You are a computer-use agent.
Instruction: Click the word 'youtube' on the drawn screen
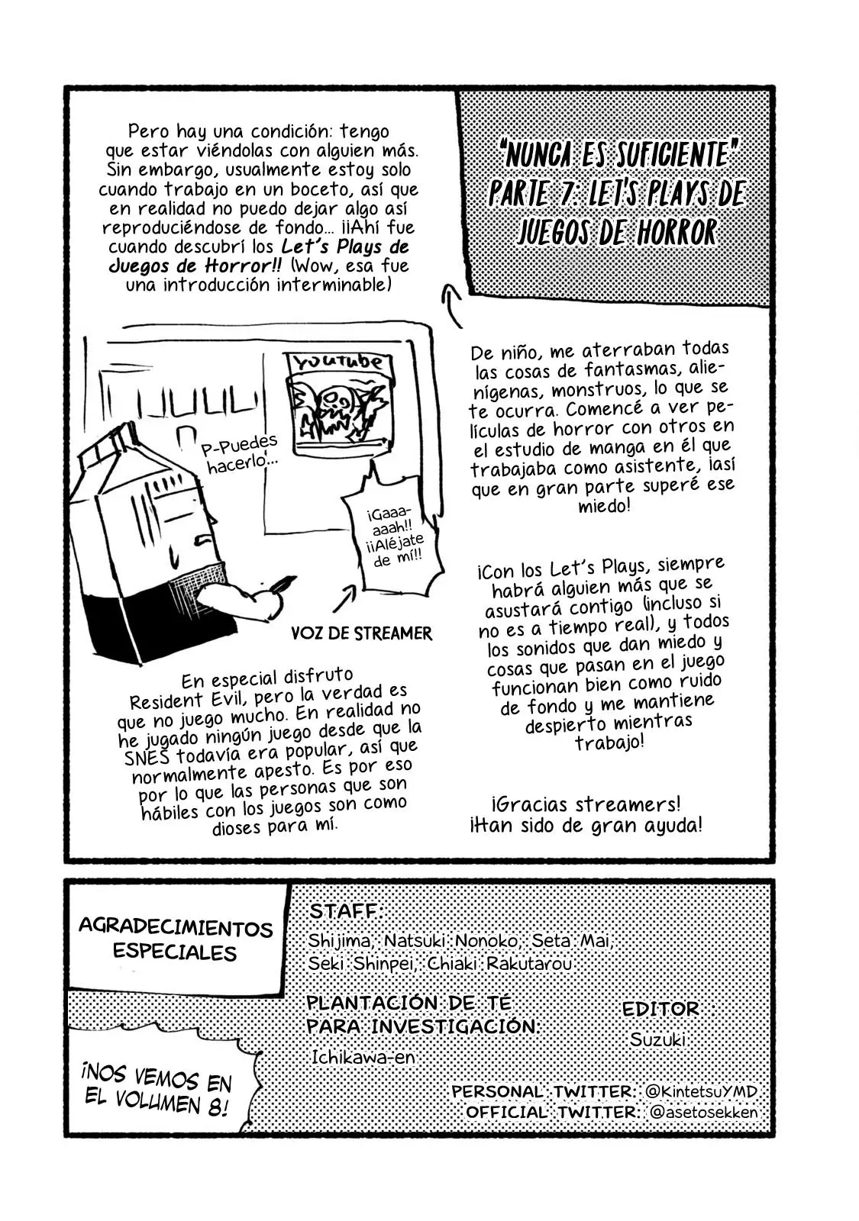337,362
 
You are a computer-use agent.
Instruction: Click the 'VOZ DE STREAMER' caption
362,633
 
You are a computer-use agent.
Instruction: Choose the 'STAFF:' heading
345,910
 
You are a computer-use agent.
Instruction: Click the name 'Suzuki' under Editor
657,1039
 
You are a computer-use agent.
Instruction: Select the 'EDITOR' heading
660,1009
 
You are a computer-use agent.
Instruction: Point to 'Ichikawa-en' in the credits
363,1058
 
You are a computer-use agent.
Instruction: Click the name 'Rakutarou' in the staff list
529,963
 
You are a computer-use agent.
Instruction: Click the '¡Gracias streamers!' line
586,804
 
